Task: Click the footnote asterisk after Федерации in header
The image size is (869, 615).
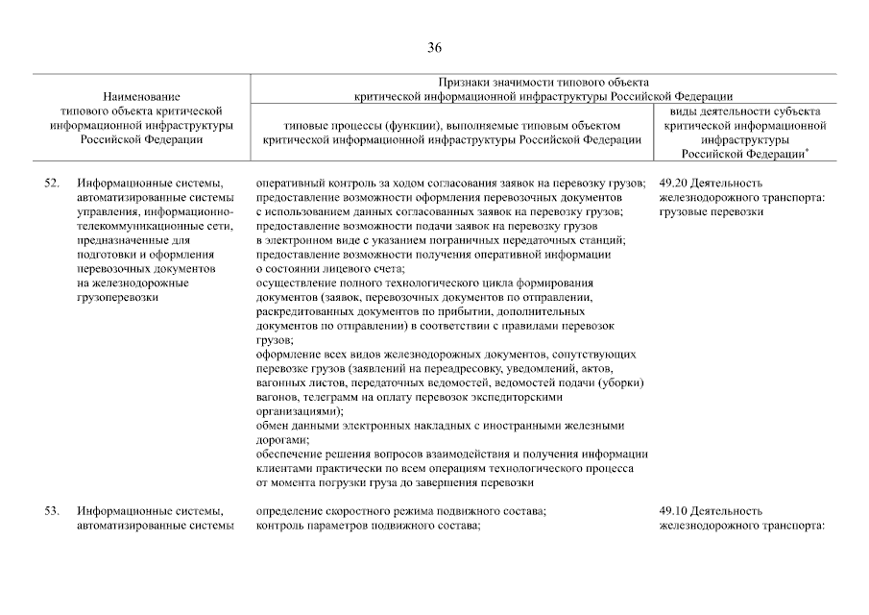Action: pyautogui.click(x=805, y=150)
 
